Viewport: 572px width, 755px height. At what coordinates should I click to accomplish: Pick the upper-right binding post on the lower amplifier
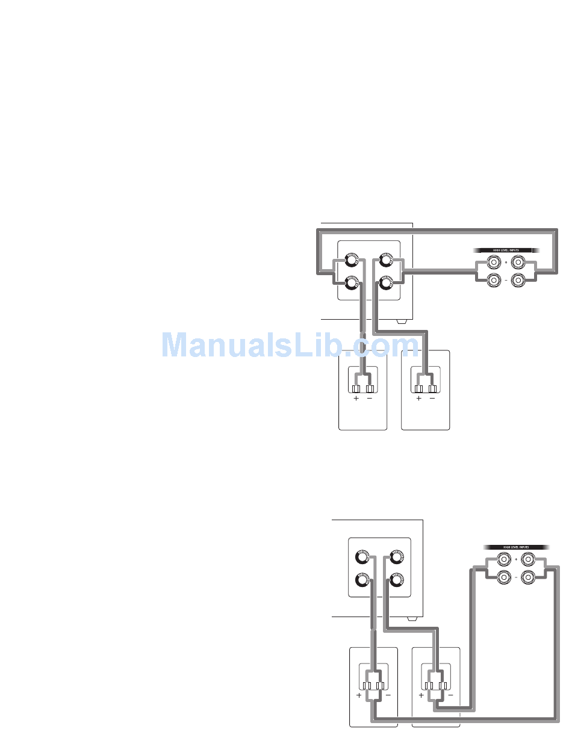(396, 557)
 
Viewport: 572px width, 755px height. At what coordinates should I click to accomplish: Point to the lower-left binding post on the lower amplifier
(362, 581)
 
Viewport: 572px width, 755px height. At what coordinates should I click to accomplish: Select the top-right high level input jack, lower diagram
(528, 561)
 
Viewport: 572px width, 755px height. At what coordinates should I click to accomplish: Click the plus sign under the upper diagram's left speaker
(356, 399)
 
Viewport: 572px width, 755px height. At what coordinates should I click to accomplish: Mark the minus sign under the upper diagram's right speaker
(432, 399)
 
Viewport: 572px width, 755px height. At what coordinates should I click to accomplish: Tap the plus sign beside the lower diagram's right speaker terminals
(421, 695)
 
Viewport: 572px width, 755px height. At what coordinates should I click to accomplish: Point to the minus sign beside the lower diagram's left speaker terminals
(388, 695)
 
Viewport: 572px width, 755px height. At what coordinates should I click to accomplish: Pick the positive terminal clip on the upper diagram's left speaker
(356, 389)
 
